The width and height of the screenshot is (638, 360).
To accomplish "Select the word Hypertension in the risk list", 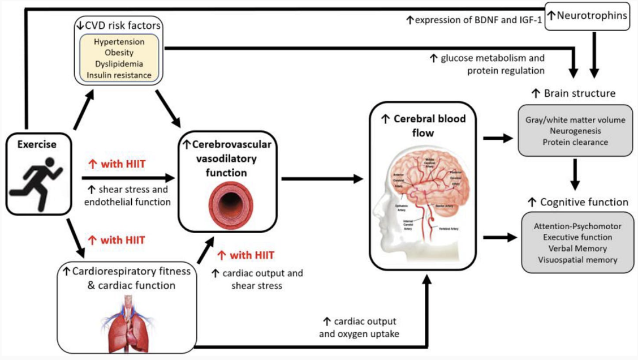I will click(x=119, y=42).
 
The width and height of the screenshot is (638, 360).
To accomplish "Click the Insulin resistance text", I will click(x=119, y=75).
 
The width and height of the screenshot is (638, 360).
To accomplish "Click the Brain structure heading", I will click(x=572, y=92).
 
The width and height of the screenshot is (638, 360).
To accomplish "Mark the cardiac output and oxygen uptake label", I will click(x=359, y=328).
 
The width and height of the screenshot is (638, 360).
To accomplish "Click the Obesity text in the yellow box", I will click(x=119, y=53).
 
